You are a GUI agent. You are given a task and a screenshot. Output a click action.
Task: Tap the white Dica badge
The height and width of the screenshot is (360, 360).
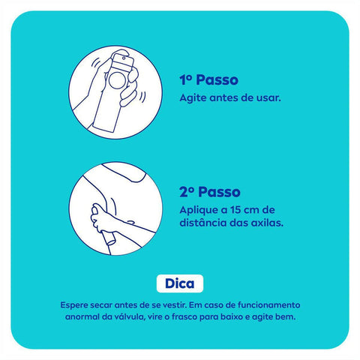coord(179,285)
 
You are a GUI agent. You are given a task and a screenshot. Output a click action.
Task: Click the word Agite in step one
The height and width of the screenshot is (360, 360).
coord(193,98)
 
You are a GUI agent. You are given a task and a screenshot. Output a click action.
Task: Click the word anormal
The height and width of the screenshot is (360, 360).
coord(82,317)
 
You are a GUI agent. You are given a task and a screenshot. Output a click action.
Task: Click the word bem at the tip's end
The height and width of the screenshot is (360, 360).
coord(286,317)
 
